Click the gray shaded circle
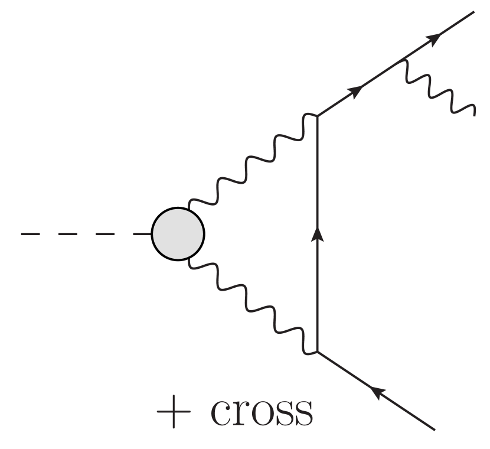coord(178,234)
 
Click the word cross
coord(262,412)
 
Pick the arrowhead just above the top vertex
coord(356,90)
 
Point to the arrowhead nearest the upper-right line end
coord(433,39)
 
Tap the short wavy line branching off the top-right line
coord(440,89)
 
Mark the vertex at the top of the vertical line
coord(318,116)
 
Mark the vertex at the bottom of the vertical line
coord(318,352)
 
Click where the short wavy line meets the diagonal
coord(404,58)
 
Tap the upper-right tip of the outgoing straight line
coord(473,11)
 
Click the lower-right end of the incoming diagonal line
coord(435,428)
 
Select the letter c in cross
coord(220,414)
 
